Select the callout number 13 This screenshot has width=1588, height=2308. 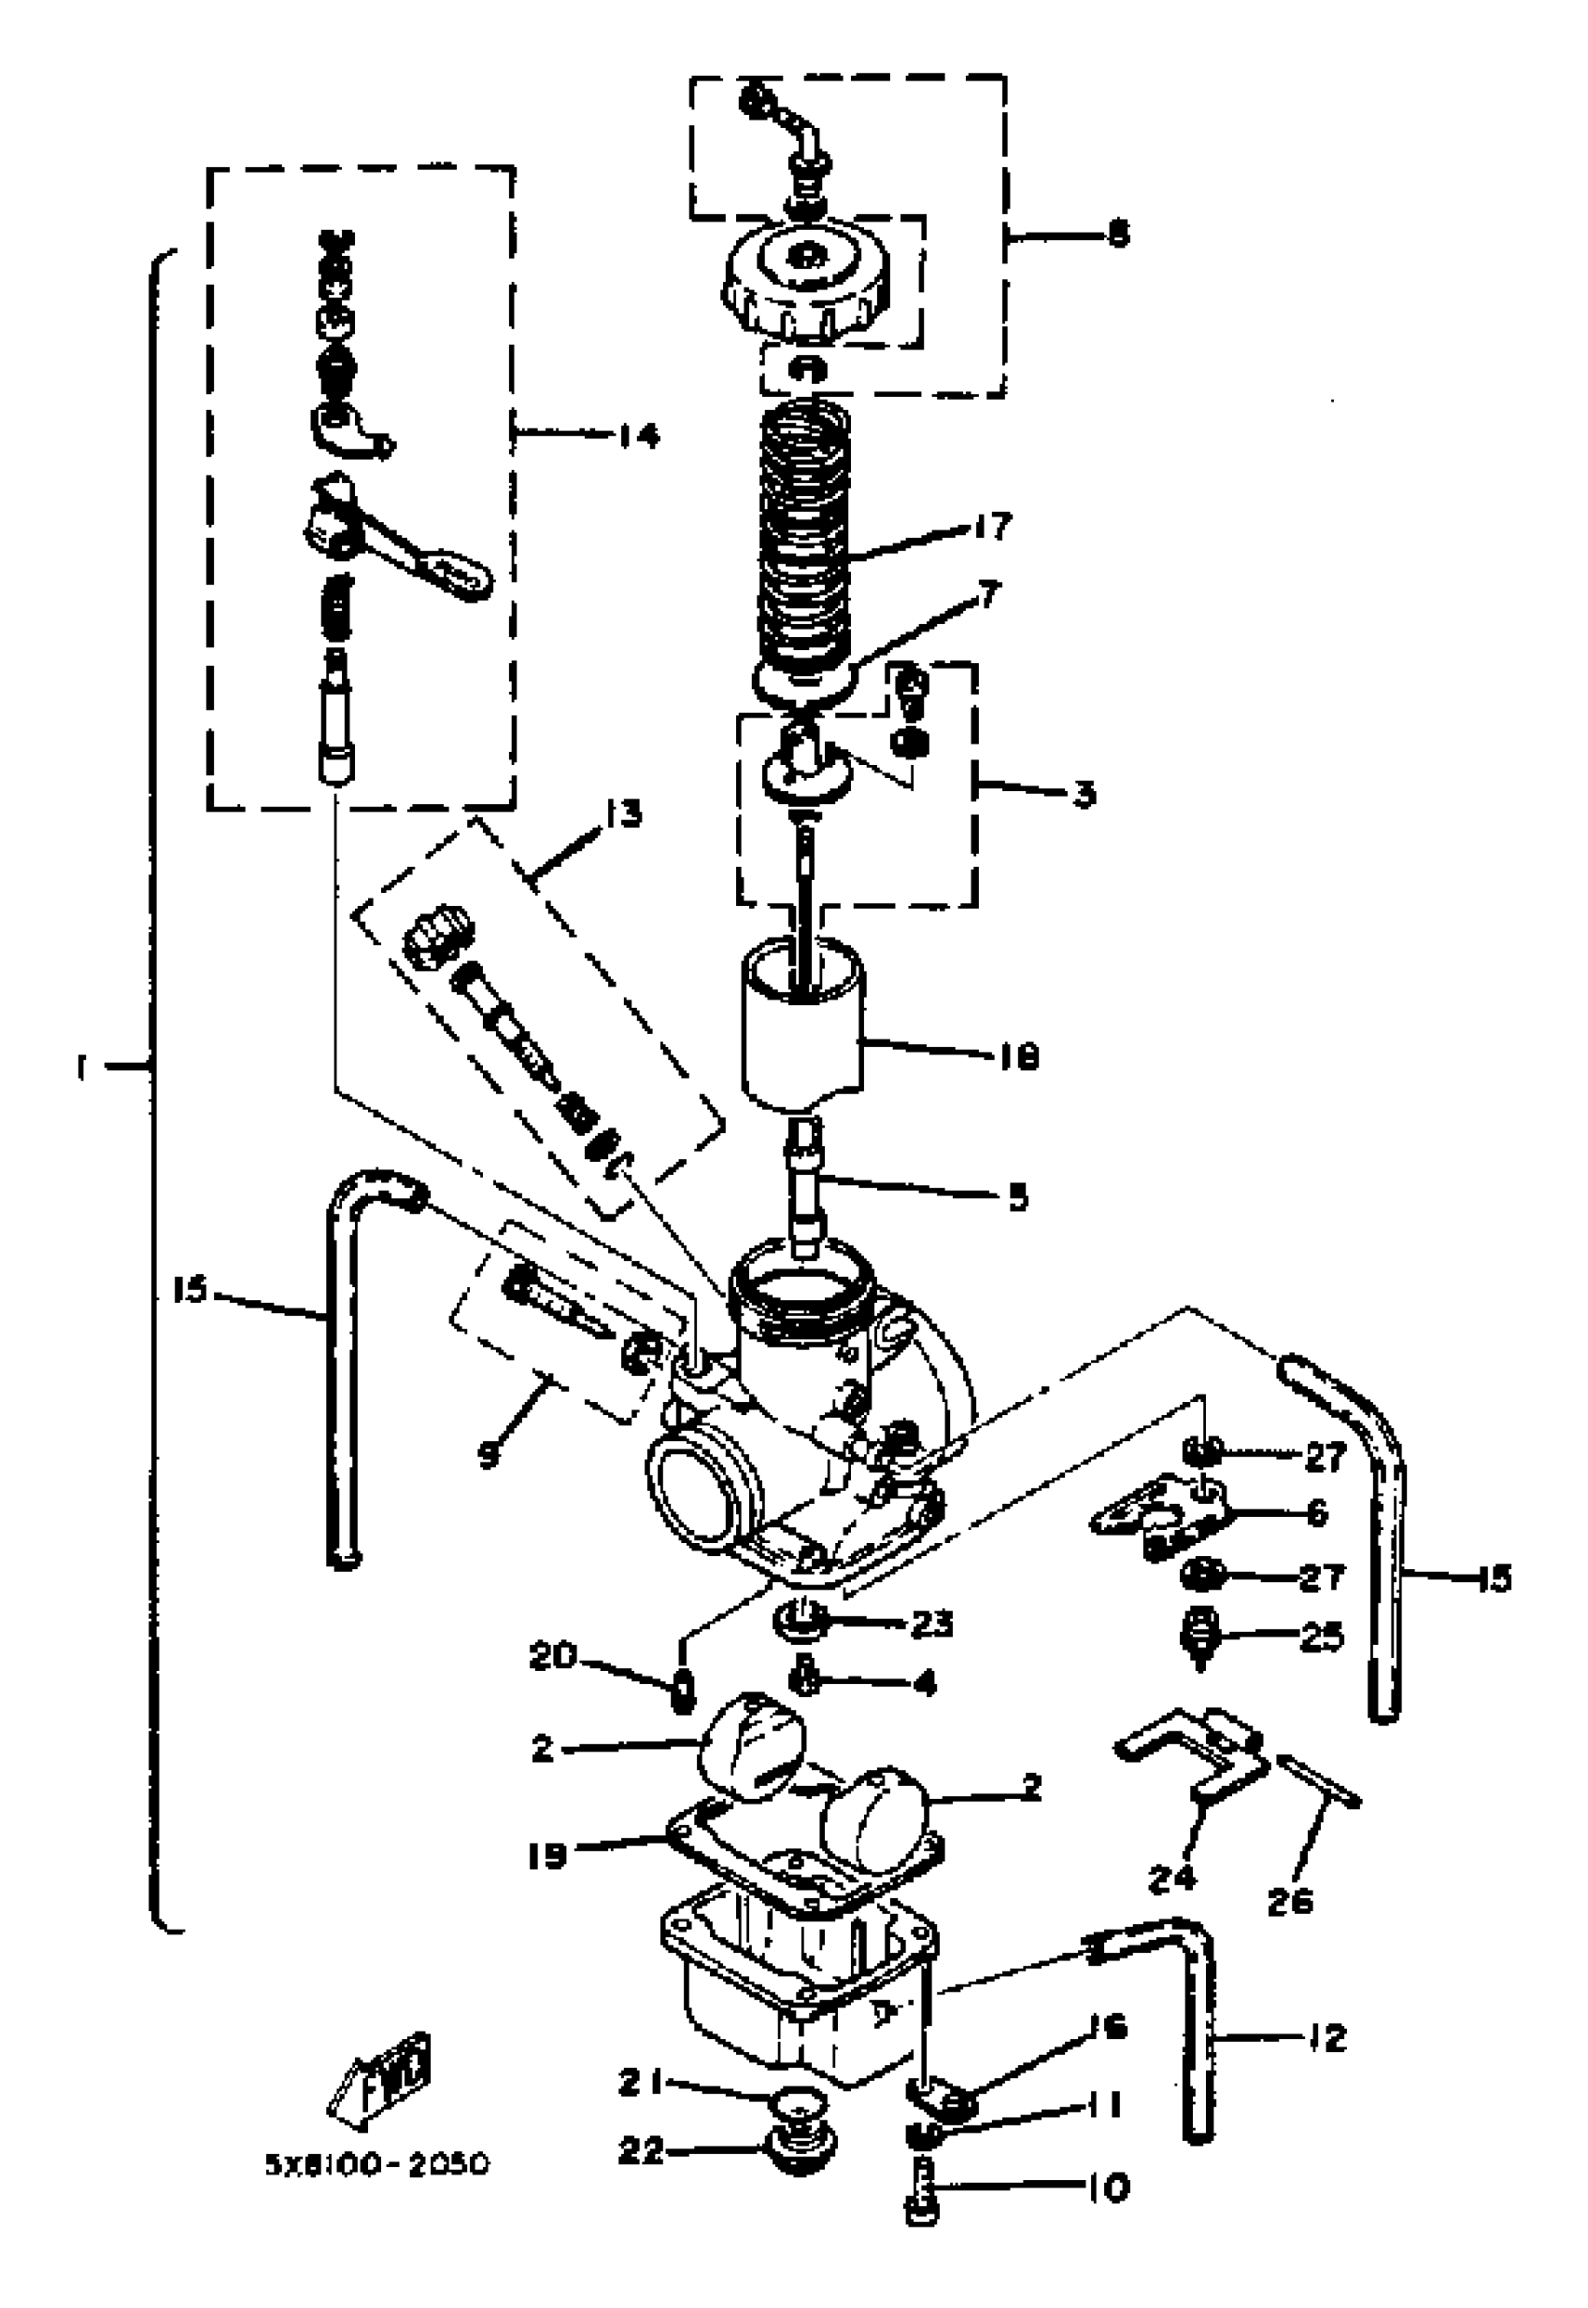(624, 814)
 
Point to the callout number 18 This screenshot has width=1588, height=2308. (1019, 1056)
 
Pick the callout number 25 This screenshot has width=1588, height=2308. (1322, 1636)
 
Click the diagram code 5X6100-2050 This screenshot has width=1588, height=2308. (377, 2165)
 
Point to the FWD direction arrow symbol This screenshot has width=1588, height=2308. (379, 2080)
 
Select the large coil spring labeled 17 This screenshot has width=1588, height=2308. (805, 537)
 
